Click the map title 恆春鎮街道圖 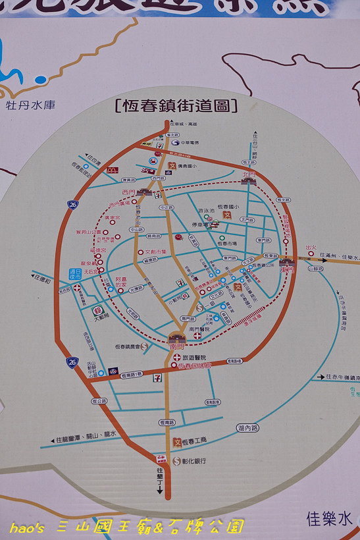176,105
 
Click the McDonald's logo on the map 112,171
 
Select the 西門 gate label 128,192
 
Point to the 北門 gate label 249,175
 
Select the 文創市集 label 156,251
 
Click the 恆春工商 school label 195,441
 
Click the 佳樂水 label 330,518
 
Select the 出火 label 312,248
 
